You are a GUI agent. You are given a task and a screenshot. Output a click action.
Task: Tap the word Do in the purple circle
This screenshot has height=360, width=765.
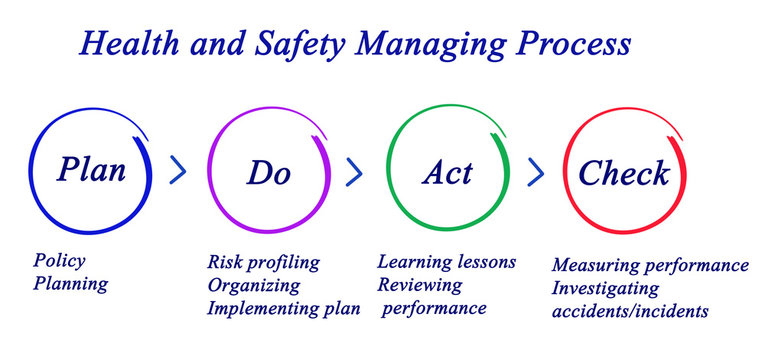point(268,172)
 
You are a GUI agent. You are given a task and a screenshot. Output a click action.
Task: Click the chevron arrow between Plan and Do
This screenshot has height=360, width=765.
point(178,171)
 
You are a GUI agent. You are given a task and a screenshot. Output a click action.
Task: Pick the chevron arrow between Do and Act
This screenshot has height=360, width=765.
point(353,172)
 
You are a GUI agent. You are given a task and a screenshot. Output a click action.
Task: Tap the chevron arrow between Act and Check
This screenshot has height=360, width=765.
point(536,172)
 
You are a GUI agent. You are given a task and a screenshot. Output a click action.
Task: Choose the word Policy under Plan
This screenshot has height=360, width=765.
point(59,261)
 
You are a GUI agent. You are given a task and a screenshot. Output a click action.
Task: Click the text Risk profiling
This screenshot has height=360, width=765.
point(263,262)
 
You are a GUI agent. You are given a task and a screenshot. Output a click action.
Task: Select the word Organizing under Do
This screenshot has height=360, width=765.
point(253,285)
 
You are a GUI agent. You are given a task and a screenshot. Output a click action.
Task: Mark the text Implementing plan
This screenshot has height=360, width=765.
point(283,308)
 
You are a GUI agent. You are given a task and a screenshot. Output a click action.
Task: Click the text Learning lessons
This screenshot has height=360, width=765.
point(446,262)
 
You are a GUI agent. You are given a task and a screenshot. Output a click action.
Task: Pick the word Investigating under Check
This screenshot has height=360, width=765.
point(605,289)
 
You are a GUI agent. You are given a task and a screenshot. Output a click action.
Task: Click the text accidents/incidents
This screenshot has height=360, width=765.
point(630,311)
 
